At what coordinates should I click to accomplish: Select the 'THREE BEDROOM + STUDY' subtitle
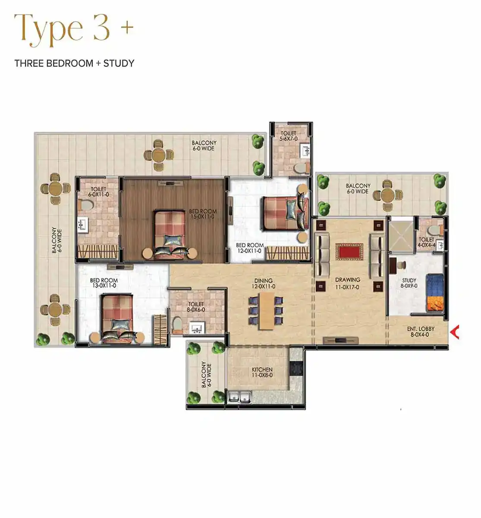click(x=74, y=63)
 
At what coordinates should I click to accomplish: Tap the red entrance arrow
click(x=455, y=332)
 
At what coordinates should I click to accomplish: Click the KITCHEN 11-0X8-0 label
click(x=262, y=372)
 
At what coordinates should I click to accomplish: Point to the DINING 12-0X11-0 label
click(x=263, y=284)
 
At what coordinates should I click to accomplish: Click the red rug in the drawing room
click(x=349, y=252)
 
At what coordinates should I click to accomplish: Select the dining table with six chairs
click(x=266, y=311)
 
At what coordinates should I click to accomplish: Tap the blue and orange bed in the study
click(x=434, y=293)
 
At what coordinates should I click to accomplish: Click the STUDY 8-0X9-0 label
click(x=409, y=283)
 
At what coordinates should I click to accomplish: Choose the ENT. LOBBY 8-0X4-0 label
click(x=420, y=332)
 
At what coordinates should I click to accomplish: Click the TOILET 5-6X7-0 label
click(x=288, y=136)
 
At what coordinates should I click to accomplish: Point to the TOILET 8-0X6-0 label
click(x=196, y=307)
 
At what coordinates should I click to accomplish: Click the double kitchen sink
click(x=239, y=397)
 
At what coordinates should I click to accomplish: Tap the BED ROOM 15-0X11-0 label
click(x=203, y=214)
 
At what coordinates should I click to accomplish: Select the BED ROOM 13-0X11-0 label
click(x=104, y=283)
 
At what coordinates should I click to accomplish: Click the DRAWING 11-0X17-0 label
click(x=348, y=283)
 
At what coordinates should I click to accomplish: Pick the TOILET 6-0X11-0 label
click(x=98, y=192)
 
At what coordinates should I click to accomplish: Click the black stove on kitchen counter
click(x=296, y=368)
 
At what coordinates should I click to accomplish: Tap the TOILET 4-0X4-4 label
click(x=427, y=242)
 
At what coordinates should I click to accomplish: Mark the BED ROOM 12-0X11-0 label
click(x=250, y=248)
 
